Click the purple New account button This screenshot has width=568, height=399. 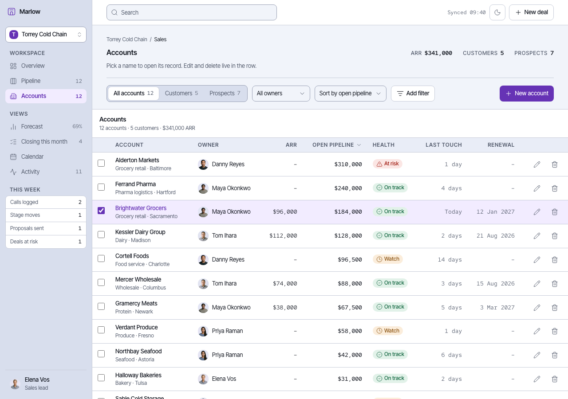526,94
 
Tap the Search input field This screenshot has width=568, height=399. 191,12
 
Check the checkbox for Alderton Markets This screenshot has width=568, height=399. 101,163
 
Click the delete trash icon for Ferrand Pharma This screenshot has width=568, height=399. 555,188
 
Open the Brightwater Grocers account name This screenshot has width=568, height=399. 141,208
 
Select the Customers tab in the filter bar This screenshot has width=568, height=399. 181,93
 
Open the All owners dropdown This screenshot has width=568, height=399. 281,94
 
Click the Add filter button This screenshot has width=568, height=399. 413,94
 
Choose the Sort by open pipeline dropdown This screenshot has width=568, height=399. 350,94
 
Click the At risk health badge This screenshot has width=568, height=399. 387,164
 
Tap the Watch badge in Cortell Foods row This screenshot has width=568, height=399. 387,259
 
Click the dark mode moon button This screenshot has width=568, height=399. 497,12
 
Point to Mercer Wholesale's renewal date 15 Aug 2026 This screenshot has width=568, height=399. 496,283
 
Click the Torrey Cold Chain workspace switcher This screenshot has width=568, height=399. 46,35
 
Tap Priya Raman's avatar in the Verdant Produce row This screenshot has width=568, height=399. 203,331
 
